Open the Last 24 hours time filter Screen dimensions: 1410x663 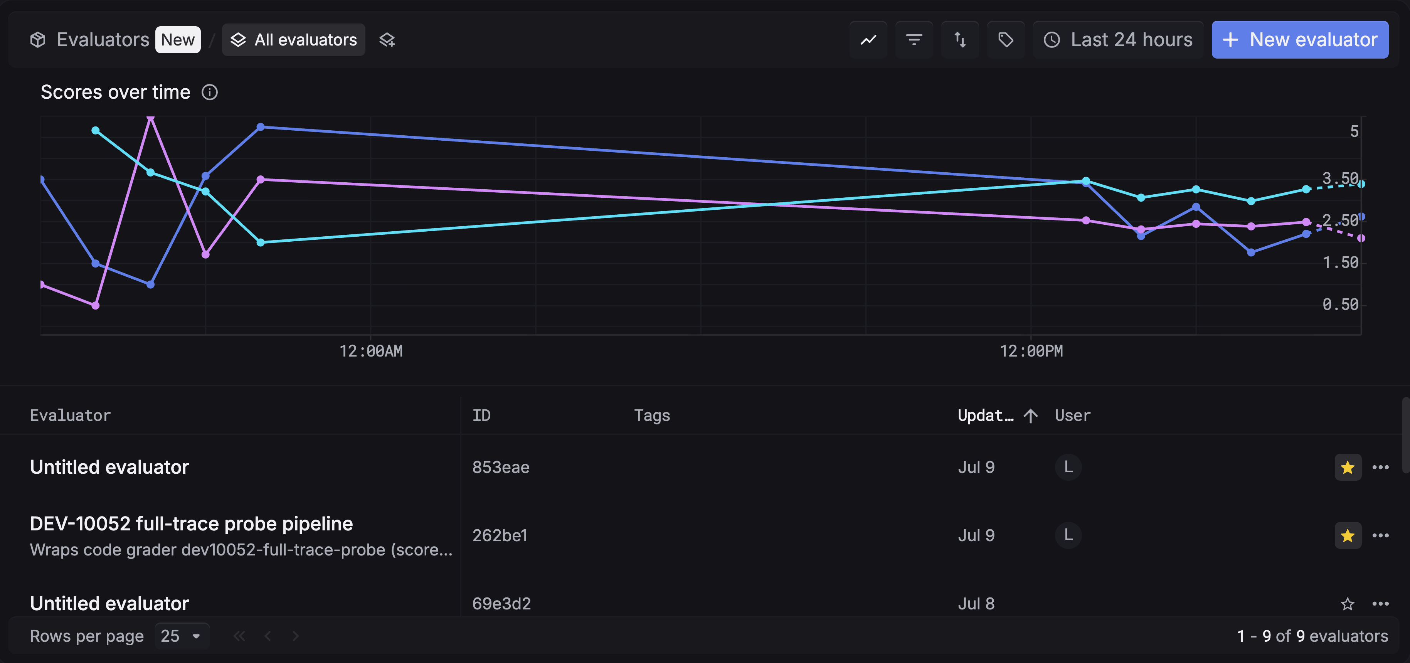point(1118,39)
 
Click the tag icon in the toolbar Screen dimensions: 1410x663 point(1006,39)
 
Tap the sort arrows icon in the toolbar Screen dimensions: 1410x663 point(960,39)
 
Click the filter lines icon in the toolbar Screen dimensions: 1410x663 point(914,39)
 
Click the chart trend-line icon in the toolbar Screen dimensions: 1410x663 point(868,39)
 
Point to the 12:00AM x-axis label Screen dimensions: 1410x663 point(371,351)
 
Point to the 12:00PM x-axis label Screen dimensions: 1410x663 point(1031,351)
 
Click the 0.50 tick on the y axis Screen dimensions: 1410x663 point(1341,305)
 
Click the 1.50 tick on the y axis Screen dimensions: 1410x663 point(1341,262)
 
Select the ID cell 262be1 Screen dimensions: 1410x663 point(500,535)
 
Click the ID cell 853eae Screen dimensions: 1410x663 point(501,467)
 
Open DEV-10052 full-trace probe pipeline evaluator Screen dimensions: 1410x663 point(191,523)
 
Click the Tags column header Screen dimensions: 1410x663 point(652,416)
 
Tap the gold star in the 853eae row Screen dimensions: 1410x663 point(1348,468)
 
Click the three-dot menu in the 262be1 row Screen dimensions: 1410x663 point(1380,535)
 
